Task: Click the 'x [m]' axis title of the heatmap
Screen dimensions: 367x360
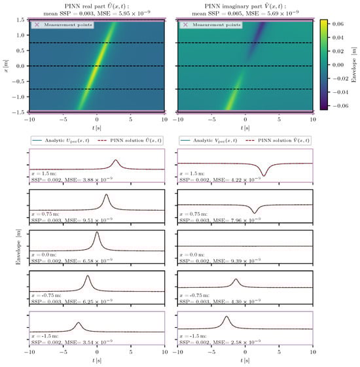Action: [x=5, y=65]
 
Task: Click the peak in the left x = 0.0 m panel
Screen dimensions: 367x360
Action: [x=97, y=233]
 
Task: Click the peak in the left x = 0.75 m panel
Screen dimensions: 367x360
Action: [x=106, y=196]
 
